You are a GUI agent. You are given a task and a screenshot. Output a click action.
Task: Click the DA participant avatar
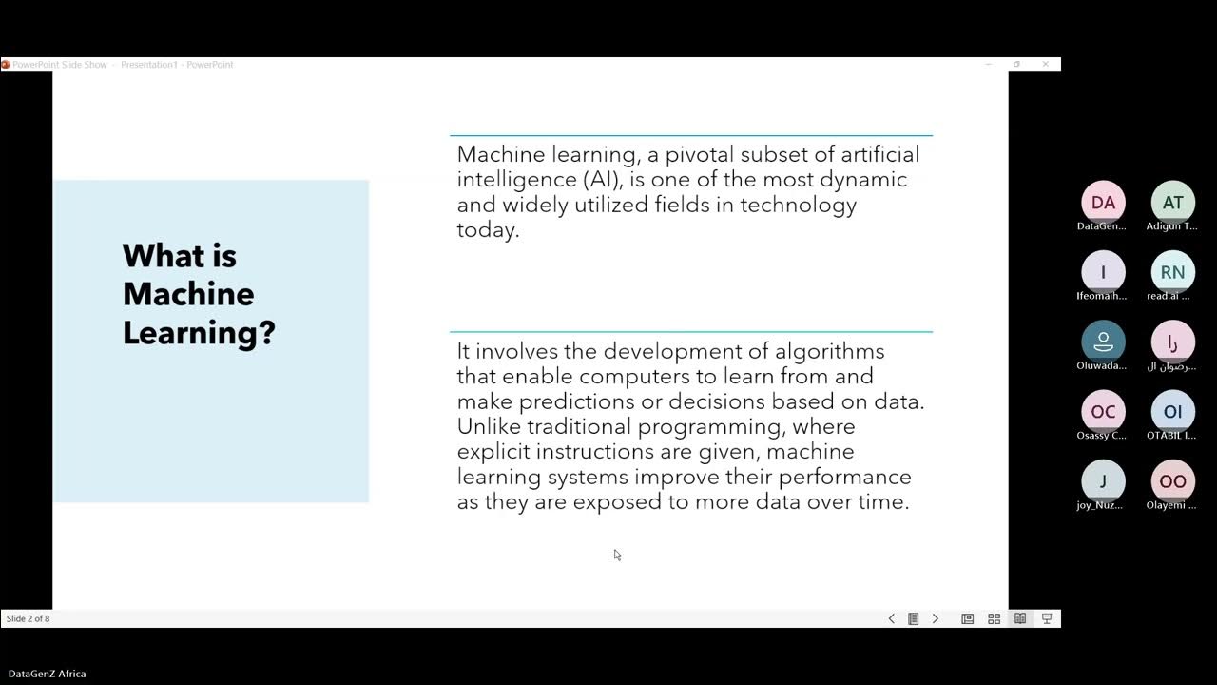pyautogui.click(x=1103, y=203)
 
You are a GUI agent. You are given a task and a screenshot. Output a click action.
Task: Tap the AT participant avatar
pyautogui.click(x=1172, y=203)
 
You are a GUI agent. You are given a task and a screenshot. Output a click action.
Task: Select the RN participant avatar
pyautogui.click(x=1172, y=272)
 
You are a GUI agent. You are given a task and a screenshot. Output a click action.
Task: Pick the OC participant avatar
pyautogui.click(x=1103, y=411)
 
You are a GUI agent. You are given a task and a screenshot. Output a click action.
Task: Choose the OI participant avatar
pyautogui.click(x=1172, y=411)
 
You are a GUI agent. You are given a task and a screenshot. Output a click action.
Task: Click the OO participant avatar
pyautogui.click(x=1172, y=481)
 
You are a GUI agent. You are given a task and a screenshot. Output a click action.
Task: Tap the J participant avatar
pyautogui.click(x=1103, y=481)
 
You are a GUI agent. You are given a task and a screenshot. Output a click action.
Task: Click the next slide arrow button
pyautogui.click(x=935, y=618)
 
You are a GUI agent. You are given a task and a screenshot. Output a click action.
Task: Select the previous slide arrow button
pyautogui.click(x=891, y=618)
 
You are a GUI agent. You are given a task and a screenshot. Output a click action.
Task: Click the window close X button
pyautogui.click(x=1046, y=64)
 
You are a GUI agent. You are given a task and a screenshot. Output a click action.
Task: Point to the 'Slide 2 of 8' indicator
pyautogui.click(x=29, y=618)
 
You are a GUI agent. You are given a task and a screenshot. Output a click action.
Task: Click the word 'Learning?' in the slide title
pyautogui.click(x=199, y=332)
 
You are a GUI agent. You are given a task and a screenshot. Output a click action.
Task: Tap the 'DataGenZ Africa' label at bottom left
pyautogui.click(x=48, y=674)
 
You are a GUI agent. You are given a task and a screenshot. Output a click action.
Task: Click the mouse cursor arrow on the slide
pyautogui.click(x=616, y=554)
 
